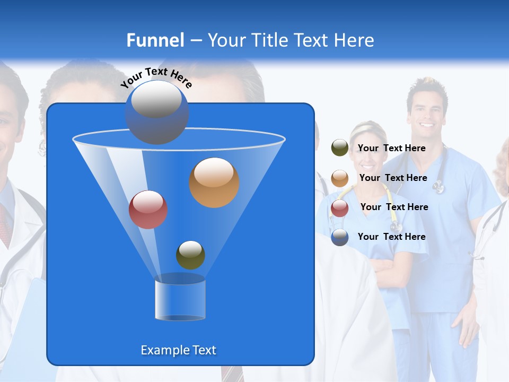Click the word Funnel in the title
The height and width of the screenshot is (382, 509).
[155, 40]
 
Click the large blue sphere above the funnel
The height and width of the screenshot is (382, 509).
[156, 112]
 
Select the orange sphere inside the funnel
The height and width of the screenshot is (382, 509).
[214, 183]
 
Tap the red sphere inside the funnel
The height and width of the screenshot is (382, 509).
[148, 210]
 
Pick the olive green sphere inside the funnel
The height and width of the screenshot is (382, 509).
[190, 255]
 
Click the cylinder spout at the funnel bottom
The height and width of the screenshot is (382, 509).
[180, 298]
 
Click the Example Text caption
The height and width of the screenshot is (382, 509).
[179, 350]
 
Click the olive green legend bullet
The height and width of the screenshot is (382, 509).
[340, 148]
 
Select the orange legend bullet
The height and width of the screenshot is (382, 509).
[340, 178]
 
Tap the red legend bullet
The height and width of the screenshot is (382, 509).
[340, 208]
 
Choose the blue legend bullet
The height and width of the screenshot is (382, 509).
[340, 237]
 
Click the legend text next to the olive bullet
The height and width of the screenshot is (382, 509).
[391, 148]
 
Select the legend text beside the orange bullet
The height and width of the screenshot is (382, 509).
[393, 178]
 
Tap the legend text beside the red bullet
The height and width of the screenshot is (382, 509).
[394, 207]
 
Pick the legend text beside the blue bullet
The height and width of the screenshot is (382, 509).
[391, 237]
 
